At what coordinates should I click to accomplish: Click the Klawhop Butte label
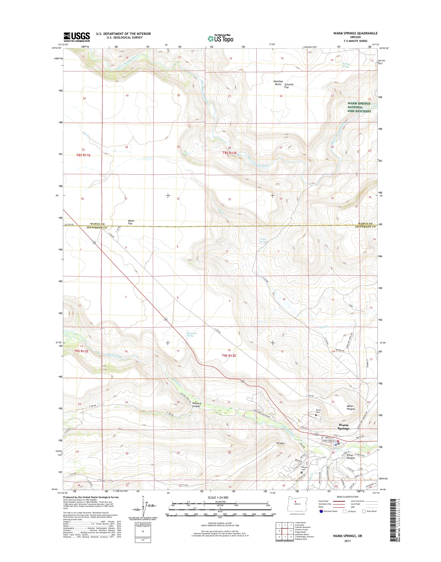click(278, 83)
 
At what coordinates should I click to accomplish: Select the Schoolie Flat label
click(289, 86)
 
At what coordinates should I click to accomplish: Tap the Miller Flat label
click(131, 222)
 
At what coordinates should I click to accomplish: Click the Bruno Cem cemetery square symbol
click(316, 415)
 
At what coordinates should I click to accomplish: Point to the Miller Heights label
click(351, 407)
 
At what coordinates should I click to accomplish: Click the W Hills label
click(280, 443)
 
